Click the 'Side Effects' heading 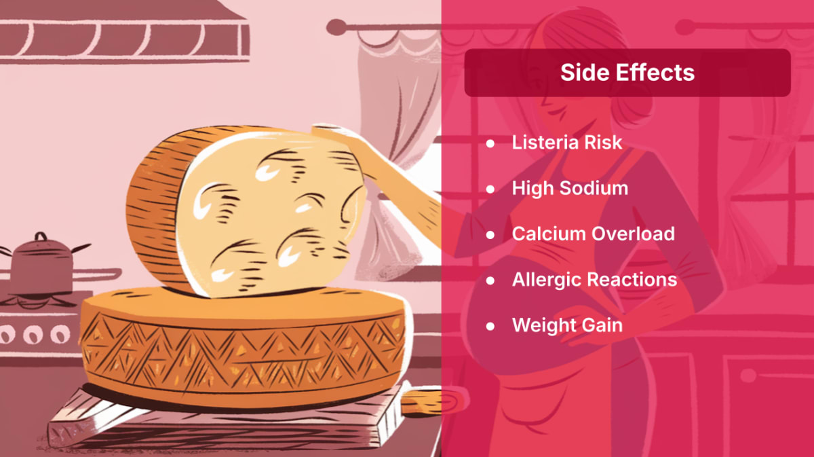[627, 72]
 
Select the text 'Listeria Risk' [567, 143]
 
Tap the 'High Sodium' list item [570, 189]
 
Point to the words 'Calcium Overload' [594, 234]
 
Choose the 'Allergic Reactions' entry [594, 280]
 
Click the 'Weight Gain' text [567, 325]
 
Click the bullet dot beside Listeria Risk [490, 143]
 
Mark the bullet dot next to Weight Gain [490, 326]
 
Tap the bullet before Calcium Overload [490, 235]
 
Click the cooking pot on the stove [42, 266]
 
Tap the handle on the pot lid [41, 236]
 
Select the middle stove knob [33, 334]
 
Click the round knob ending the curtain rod [336, 27]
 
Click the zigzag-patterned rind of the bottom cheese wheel [244, 351]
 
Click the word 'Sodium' [594, 189]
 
